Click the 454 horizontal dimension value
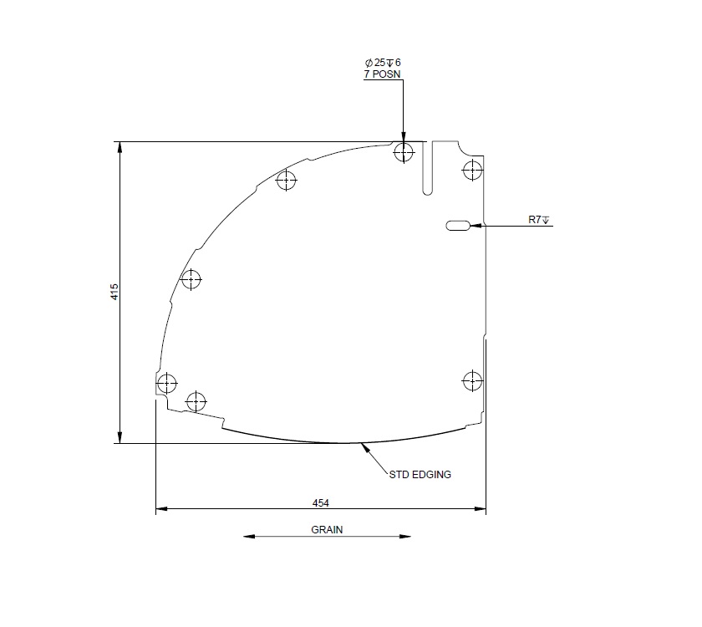pyautogui.click(x=320, y=502)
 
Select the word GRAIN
pyautogui.click(x=327, y=529)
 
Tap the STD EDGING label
pyautogui.click(x=420, y=474)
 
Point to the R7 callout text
pyautogui.click(x=538, y=220)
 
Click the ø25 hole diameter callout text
pyautogui.click(x=384, y=63)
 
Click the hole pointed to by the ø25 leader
pyautogui.click(x=404, y=152)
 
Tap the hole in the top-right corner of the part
pyautogui.click(x=472, y=170)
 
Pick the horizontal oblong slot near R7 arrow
pyautogui.click(x=459, y=225)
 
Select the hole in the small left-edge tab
pyautogui.click(x=167, y=384)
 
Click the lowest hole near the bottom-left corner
pyautogui.click(x=196, y=401)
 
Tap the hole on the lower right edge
pyautogui.click(x=472, y=380)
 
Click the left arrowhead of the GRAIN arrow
pyautogui.click(x=248, y=537)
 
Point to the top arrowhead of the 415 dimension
pyautogui.click(x=120, y=146)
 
